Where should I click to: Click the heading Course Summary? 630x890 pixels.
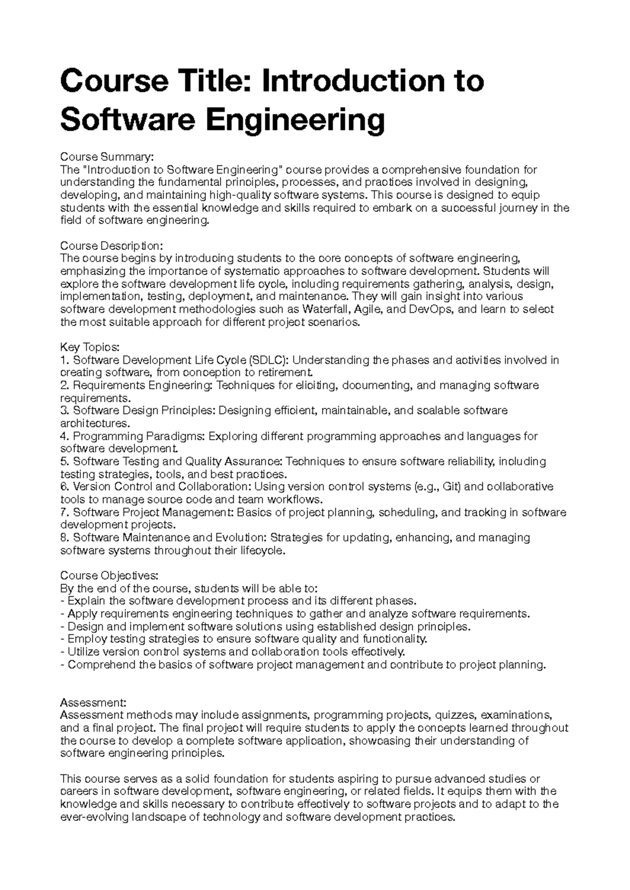107,157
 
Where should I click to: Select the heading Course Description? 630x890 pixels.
112,246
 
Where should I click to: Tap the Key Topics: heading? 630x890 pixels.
90,347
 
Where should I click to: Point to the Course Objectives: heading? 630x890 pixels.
109,575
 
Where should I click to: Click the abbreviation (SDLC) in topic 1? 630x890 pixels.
268,360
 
